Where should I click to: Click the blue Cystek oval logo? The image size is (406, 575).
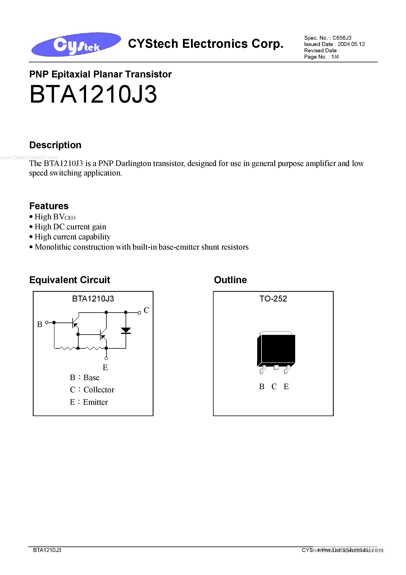(x=76, y=44)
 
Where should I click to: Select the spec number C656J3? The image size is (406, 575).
(x=342, y=38)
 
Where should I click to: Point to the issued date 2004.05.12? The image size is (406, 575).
(x=351, y=44)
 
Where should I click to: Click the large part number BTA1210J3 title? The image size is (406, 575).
(x=93, y=94)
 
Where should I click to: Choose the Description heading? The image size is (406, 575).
(x=55, y=145)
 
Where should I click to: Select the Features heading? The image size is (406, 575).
(x=49, y=206)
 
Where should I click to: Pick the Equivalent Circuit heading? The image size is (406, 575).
(x=70, y=280)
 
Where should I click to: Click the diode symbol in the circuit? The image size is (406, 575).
(x=126, y=330)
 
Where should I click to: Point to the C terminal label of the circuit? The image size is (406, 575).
(x=146, y=310)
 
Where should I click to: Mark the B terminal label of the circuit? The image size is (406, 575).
(x=39, y=324)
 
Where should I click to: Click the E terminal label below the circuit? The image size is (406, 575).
(x=105, y=367)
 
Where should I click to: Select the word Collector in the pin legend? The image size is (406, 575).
(x=99, y=390)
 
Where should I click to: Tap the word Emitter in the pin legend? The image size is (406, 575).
(x=95, y=402)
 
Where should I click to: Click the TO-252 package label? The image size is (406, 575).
(x=273, y=299)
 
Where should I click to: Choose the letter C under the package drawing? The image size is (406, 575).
(x=274, y=387)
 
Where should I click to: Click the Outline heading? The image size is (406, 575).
(x=230, y=280)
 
